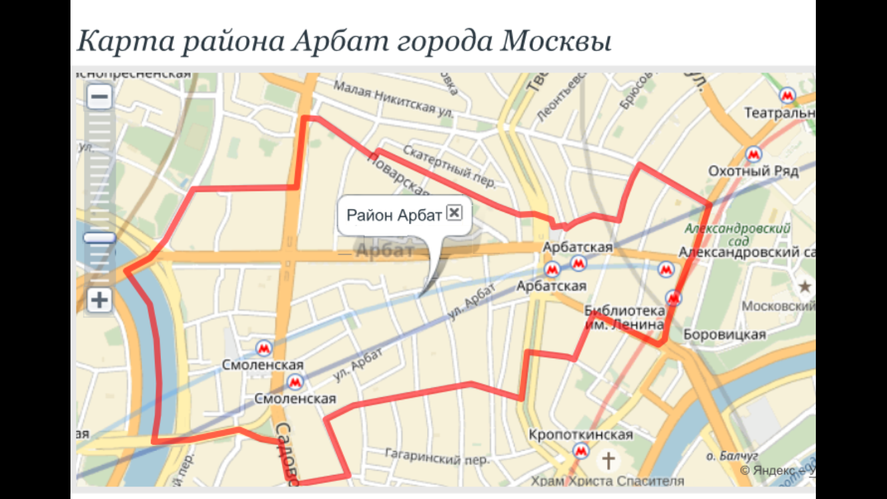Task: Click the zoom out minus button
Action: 100,97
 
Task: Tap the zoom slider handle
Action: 100,238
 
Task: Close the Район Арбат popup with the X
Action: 454,212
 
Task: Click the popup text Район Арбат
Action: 394,216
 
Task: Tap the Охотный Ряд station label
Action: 753,171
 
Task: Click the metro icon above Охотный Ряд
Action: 753,154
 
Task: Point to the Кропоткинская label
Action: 580,435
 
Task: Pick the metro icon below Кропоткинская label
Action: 580,452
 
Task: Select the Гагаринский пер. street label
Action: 437,457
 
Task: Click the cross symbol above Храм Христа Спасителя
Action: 608,460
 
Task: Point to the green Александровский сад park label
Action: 738,234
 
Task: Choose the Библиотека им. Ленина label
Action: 624,317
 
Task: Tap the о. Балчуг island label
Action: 732,456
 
